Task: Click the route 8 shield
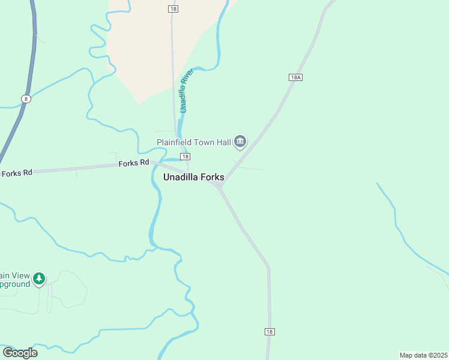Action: (25, 98)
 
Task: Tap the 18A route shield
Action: (295, 77)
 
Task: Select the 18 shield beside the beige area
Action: (173, 9)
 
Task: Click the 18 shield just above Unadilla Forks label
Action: (186, 156)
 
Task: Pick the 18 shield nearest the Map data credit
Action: (270, 332)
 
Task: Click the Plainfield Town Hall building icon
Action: (240, 142)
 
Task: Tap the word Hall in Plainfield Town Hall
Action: (223, 142)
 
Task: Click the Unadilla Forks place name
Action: (193, 177)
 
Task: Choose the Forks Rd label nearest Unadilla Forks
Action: (133, 163)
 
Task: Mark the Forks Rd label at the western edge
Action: (17, 173)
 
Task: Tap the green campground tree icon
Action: (39, 278)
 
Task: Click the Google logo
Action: (20, 352)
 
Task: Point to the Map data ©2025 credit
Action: (423, 355)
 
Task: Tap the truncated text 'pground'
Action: (14, 284)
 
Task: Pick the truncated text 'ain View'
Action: (14, 275)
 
